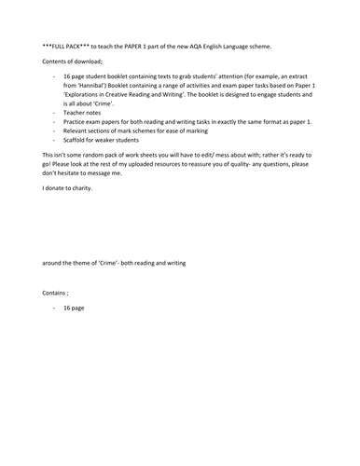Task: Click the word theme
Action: tap(92, 263)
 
